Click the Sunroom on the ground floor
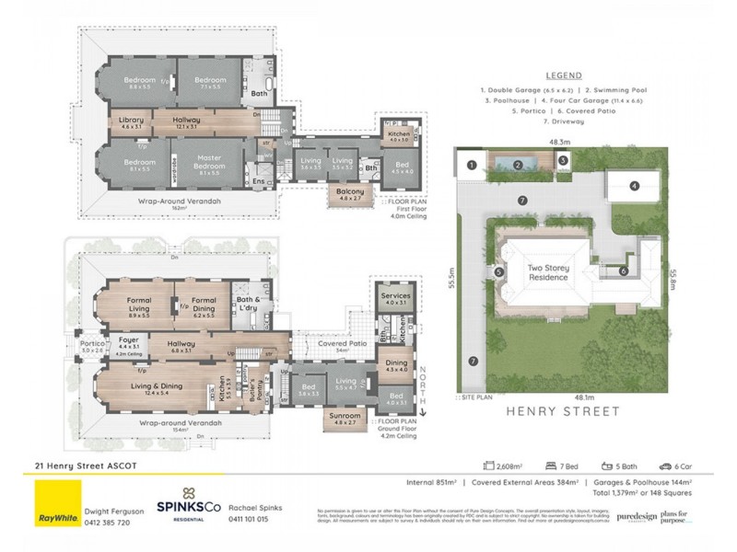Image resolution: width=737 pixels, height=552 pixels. coord(345,417)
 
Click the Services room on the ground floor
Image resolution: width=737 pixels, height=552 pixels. coord(396,297)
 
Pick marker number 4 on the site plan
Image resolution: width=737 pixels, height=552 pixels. coord(635,187)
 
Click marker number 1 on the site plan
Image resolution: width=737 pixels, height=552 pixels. coord(470,165)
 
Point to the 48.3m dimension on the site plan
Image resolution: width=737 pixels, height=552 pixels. coord(558,143)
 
